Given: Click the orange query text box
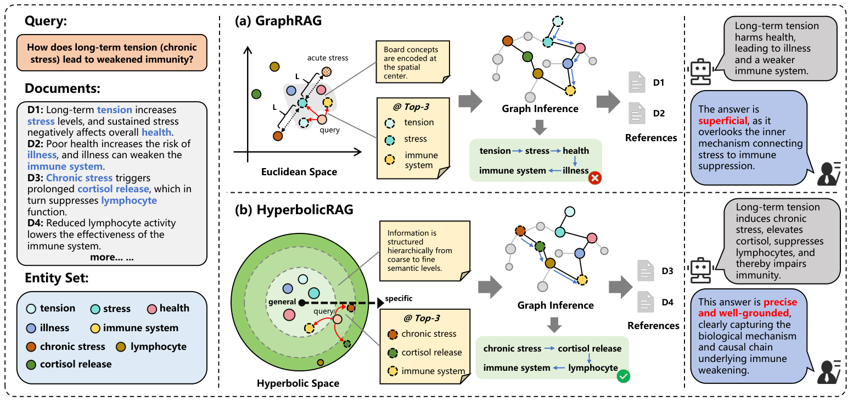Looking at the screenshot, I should click(112, 53).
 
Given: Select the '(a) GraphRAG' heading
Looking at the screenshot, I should click(278, 21).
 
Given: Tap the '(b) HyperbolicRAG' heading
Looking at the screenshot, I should click(293, 211).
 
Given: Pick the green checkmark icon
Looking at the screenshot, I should click(623, 376).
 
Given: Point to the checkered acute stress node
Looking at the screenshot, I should click(327, 71).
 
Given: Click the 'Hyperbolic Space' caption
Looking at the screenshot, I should click(298, 383).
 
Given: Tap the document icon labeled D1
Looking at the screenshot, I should click(637, 83).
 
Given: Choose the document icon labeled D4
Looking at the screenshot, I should click(646, 302).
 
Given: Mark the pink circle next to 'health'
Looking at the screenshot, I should click(151, 309).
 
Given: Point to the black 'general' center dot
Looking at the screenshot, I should click(301, 303).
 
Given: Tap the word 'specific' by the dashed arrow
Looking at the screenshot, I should click(399, 298).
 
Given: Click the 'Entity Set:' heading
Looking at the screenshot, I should click(57, 278).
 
